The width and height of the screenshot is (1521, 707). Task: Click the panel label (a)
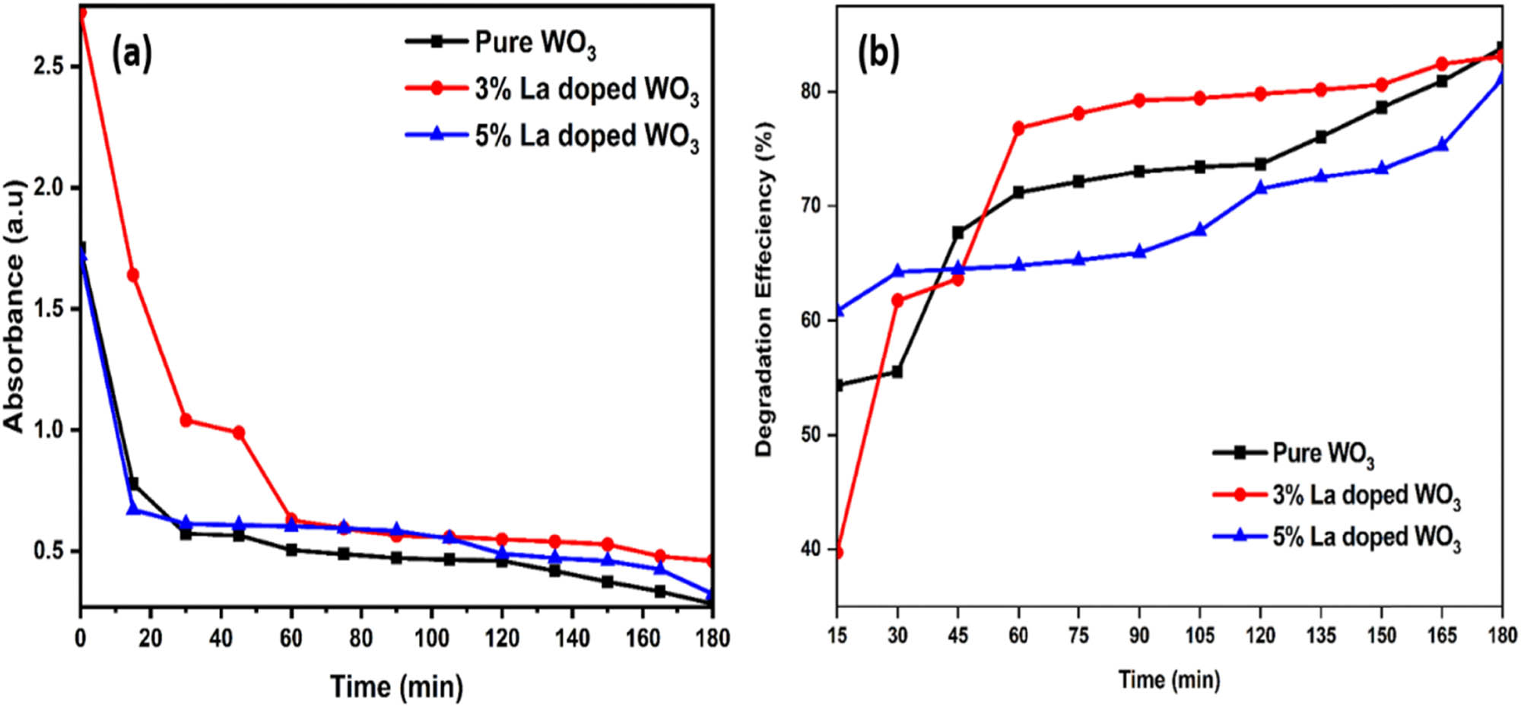click(x=132, y=55)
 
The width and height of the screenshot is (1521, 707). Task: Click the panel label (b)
click(x=878, y=55)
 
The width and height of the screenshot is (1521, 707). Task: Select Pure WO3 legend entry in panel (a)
click(x=535, y=43)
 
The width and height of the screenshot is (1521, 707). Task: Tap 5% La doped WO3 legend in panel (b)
click(x=1366, y=537)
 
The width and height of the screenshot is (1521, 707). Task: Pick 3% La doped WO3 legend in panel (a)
click(x=586, y=90)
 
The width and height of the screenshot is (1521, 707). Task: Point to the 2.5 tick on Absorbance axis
click(x=47, y=66)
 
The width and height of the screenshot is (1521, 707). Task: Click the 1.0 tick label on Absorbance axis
click(x=47, y=430)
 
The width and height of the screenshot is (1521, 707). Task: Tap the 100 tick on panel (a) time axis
click(x=431, y=638)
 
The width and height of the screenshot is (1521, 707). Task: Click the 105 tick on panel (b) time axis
click(x=1199, y=635)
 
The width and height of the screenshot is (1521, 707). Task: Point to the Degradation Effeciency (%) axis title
click(x=764, y=290)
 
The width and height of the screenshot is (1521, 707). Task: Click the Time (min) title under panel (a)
click(x=396, y=686)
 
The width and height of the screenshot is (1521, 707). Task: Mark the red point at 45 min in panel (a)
click(x=239, y=433)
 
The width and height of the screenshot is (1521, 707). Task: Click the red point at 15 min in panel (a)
click(x=133, y=274)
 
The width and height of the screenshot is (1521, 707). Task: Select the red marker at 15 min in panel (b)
click(x=837, y=552)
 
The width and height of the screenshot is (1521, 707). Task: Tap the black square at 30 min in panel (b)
click(x=897, y=372)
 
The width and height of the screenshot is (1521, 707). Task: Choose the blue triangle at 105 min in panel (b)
click(x=1200, y=230)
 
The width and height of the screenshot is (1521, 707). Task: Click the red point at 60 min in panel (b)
click(x=1018, y=128)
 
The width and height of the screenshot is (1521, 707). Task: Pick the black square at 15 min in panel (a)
click(x=134, y=483)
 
